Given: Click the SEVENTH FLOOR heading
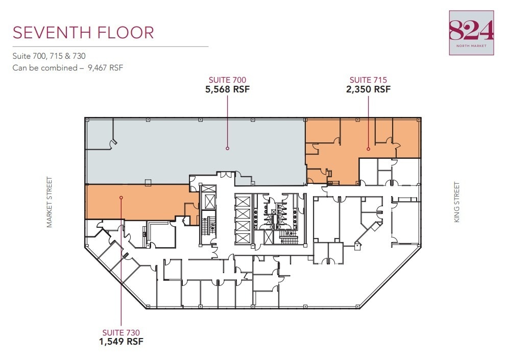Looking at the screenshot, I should click(x=83, y=33).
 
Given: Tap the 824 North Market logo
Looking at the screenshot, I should click(x=471, y=33).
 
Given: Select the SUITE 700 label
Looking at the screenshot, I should click(x=227, y=80).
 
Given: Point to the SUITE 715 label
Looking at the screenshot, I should click(x=368, y=80).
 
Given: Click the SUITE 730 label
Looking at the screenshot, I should click(x=121, y=332).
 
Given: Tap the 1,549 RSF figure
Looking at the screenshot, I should click(x=121, y=341).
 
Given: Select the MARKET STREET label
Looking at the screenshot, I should click(x=50, y=202).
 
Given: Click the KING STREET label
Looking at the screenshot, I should click(x=457, y=202).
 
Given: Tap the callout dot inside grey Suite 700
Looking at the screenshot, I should click(x=227, y=149).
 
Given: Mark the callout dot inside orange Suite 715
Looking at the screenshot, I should click(x=368, y=149).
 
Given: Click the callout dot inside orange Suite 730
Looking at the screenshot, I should click(x=121, y=197).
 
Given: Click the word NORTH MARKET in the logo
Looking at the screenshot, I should click(x=471, y=46).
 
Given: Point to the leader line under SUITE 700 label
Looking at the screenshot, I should click(x=227, y=120).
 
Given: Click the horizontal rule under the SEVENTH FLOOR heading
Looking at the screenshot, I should click(x=110, y=46).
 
